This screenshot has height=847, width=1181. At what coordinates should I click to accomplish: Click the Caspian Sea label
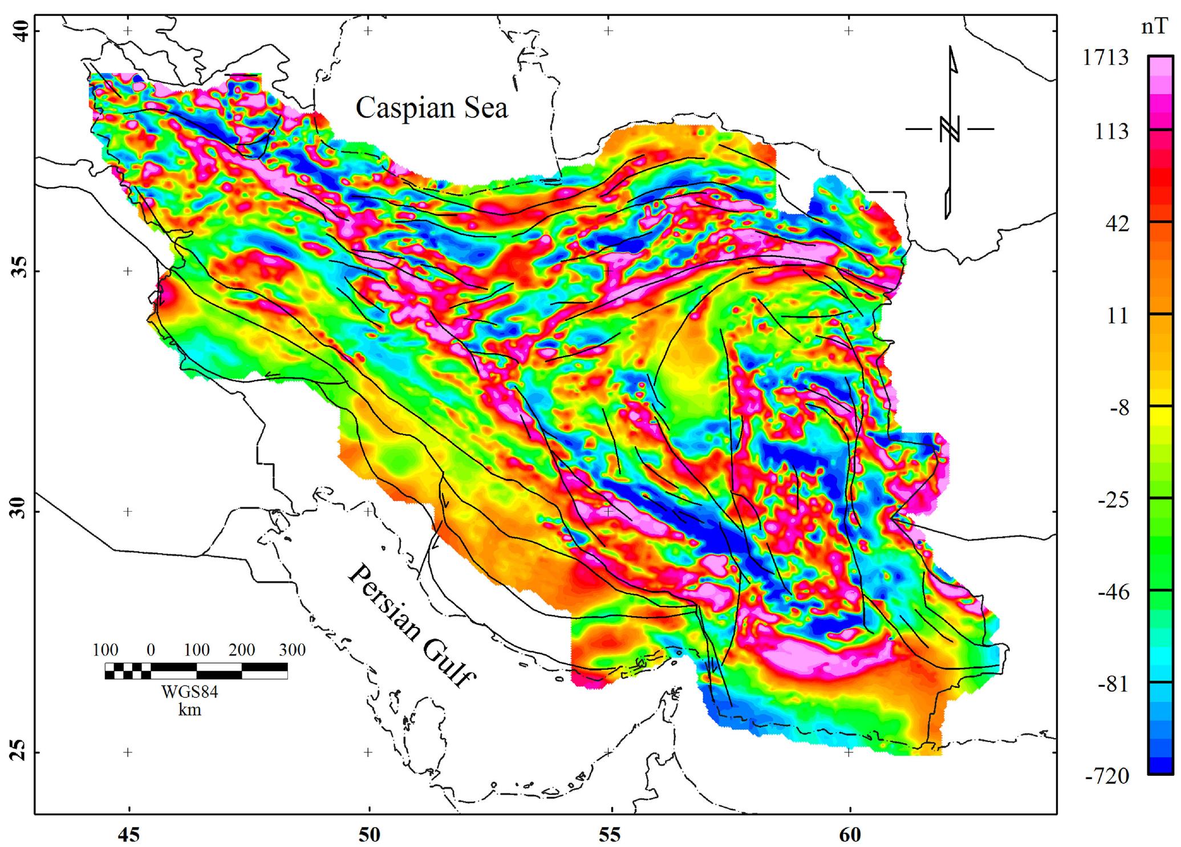(432, 108)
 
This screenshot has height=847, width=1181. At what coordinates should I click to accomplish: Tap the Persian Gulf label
(412, 625)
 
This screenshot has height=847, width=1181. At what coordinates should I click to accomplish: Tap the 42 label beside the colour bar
(1117, 224)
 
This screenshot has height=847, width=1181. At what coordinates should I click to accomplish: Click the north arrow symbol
(950, 131)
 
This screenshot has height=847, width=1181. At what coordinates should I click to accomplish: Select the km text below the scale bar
(189, 710)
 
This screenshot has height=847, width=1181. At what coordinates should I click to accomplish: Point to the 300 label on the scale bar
(293, 650)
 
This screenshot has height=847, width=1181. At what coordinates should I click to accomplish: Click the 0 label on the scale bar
(151, 650)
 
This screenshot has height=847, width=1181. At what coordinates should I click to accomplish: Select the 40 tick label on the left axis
(17, 31)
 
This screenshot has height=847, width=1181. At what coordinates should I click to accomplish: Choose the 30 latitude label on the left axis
(17, 512)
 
